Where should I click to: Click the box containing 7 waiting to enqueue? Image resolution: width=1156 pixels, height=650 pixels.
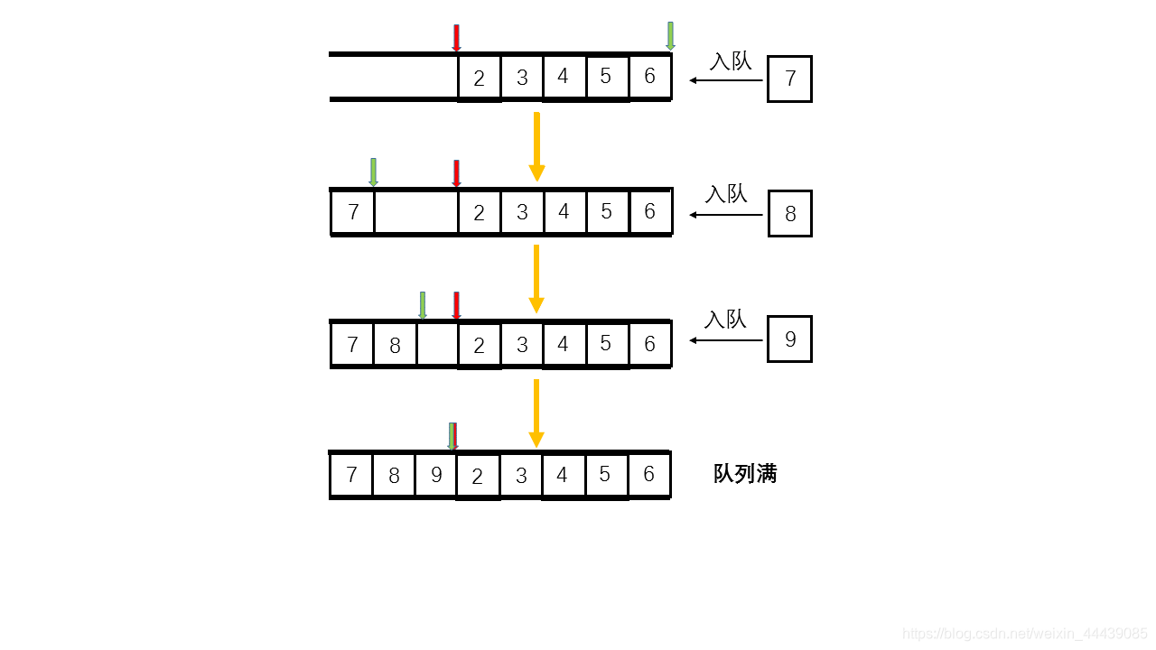click(789, 79)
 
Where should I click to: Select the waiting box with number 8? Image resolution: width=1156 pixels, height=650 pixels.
click(790, 214)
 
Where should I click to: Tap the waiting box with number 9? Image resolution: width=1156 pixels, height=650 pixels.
click(789, 339)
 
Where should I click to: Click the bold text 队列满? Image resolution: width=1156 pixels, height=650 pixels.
click(745, 474)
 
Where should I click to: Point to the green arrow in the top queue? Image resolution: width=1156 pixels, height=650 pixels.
click(670, 36)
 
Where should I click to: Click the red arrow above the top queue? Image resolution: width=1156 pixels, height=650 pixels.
click(456, 38)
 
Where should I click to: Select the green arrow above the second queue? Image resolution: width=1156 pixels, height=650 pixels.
click(373, 172)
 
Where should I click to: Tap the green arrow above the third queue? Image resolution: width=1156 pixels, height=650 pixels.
click(422, 305)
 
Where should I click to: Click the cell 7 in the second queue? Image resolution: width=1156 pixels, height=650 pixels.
click(353, 212)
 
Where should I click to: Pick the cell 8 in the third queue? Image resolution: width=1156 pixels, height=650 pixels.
click(395, 345)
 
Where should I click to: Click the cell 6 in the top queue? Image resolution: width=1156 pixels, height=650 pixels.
click(649, 77)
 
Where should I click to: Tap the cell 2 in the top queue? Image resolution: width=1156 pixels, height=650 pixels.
click(479, 79)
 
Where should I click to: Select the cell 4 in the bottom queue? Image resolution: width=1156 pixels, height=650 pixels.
click(563, 475)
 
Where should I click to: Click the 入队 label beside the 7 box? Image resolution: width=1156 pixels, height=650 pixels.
click(730, 61)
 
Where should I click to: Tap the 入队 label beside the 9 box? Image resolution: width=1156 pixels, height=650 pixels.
click(726, 320)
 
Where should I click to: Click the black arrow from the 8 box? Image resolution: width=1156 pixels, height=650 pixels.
click(726, 215)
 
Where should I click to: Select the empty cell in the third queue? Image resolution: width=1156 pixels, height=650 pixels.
click(437, 345)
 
